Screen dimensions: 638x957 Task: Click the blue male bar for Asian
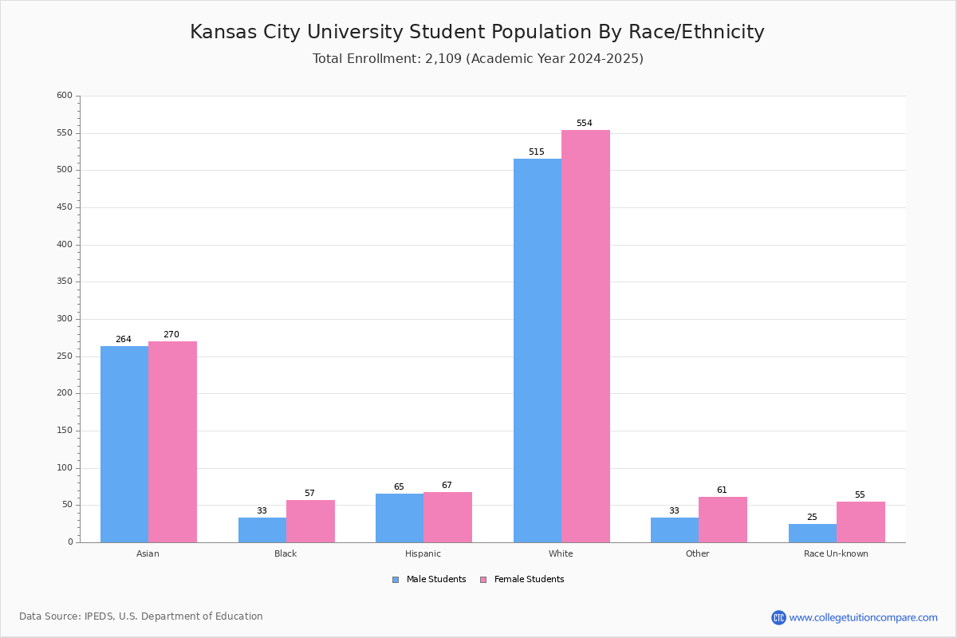(x=124, y=444)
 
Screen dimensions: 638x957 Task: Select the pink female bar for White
(x=585, y=336)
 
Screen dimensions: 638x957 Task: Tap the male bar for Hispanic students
(x=400, y=518)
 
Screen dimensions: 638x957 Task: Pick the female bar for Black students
(x=310, y=521)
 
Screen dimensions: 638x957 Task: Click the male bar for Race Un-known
(x=813, y=533)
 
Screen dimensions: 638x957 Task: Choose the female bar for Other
(x=723, y=519)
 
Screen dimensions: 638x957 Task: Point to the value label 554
(x=585, y=124)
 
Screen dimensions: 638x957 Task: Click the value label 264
(x=124, y=340)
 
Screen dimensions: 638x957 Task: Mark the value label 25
(x=812, y=518)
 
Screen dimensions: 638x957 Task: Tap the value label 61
(x=722, y=490)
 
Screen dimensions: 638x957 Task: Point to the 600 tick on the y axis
(x=65, y=96)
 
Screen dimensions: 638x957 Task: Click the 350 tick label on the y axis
(x=65, y=282)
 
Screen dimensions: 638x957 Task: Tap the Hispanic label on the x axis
(x=423, y=553)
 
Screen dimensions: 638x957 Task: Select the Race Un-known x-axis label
(x=836, y=553)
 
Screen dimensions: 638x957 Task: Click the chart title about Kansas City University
(x=477, y=32)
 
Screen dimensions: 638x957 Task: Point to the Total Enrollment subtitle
(x=478, y=59)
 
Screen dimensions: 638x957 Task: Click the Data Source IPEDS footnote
(x=141, y=616)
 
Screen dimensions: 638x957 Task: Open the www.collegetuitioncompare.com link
(x=863, y=617)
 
